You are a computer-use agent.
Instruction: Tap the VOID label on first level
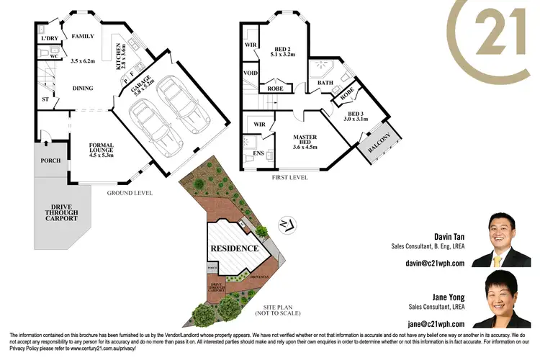[251, 73]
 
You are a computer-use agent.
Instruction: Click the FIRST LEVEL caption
[290, 177]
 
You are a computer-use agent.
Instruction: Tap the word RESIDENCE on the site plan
[234, 248]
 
